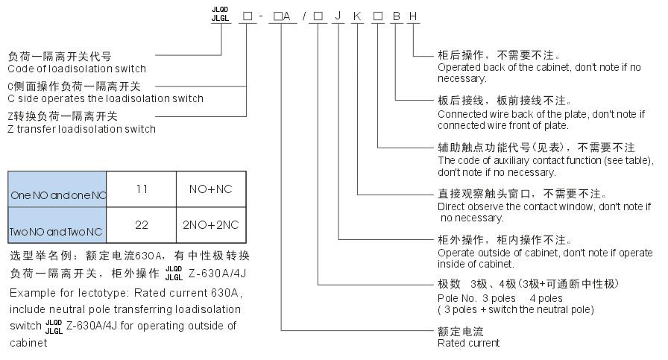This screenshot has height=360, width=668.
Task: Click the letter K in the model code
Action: point(358,16)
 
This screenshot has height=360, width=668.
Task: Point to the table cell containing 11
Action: point(142,189)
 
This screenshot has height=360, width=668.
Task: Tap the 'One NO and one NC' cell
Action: point(57,195)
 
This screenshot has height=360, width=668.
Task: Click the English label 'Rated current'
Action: point(468,343)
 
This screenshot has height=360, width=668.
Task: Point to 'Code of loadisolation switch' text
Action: point(77,69)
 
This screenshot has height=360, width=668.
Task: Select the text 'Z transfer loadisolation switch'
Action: point(81,129)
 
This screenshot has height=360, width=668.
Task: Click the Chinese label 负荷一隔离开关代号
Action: point(60,57)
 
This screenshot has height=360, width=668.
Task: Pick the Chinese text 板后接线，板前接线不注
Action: point(503,101)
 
